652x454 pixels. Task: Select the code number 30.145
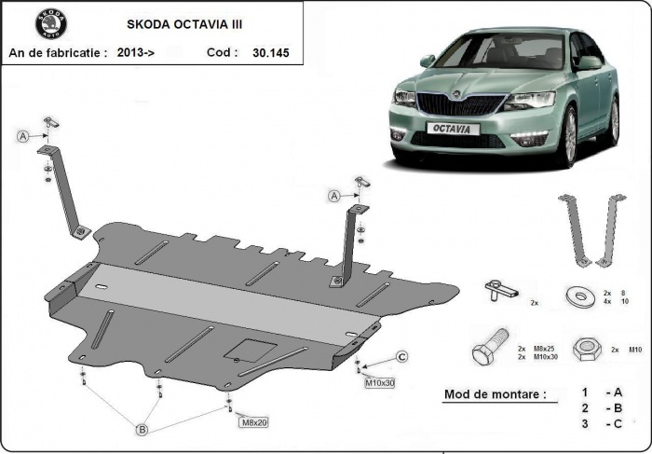(x=271, y=53)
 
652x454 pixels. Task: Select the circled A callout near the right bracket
(x=333, y=195)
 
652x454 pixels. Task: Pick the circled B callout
(x=143, y=430)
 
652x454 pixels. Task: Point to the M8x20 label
(x=254, y=423)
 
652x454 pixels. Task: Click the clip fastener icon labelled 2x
(x=499, y=290)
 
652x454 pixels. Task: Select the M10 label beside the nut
(x=635, y=349)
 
